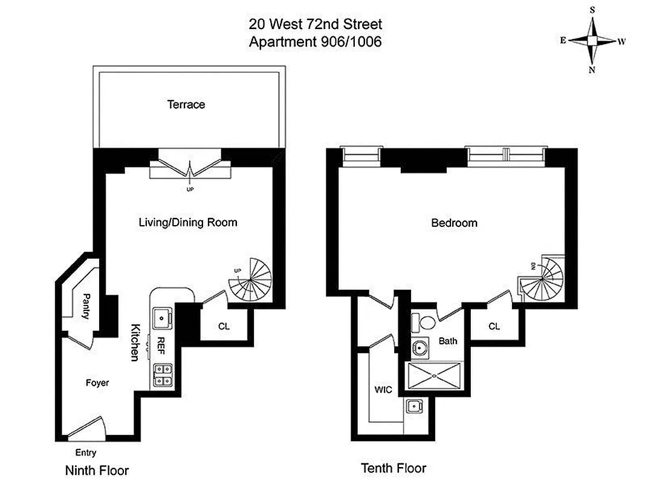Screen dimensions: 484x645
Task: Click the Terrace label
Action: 186,105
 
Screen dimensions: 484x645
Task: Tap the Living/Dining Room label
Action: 188,223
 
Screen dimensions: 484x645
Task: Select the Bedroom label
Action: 454,223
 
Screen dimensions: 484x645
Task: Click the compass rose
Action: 592,41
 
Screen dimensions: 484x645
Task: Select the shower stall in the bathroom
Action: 435,376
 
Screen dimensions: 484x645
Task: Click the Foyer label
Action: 97,383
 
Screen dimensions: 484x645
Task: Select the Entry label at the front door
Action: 85,453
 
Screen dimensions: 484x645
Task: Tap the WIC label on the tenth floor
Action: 383,390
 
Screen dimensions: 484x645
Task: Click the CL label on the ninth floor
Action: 224,326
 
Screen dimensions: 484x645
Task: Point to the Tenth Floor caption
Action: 394,468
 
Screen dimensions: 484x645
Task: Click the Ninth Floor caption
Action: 97,470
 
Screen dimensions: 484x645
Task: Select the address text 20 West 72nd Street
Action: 315,25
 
